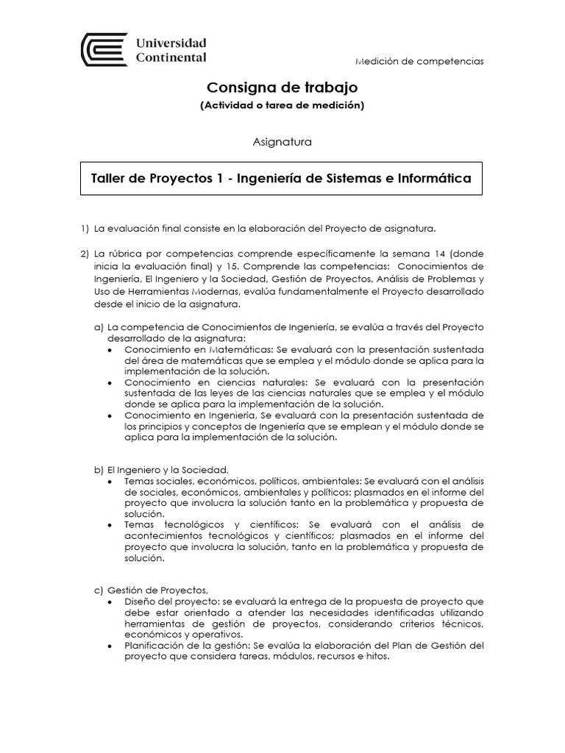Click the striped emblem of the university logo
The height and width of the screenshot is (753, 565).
[x=104, y=50]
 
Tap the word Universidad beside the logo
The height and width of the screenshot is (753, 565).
[x=171, y=43]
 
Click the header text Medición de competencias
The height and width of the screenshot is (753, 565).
[x=419, y=61]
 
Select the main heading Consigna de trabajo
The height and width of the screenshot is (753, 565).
[x=282, y=88]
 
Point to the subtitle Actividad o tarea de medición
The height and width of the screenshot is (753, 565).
[x=282, y=105]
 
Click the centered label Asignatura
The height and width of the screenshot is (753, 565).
[x=282, y=142]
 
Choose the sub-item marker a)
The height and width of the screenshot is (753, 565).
[x=98, y=326]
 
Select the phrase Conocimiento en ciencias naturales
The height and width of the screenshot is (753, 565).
[x=216, y=382]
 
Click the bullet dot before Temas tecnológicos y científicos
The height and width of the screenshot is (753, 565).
[x=110, y=525]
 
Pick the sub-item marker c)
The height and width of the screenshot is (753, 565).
[x=98, y=590]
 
